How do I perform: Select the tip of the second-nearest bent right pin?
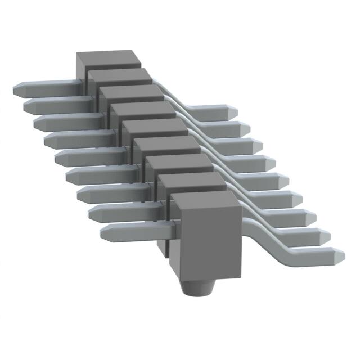326,237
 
